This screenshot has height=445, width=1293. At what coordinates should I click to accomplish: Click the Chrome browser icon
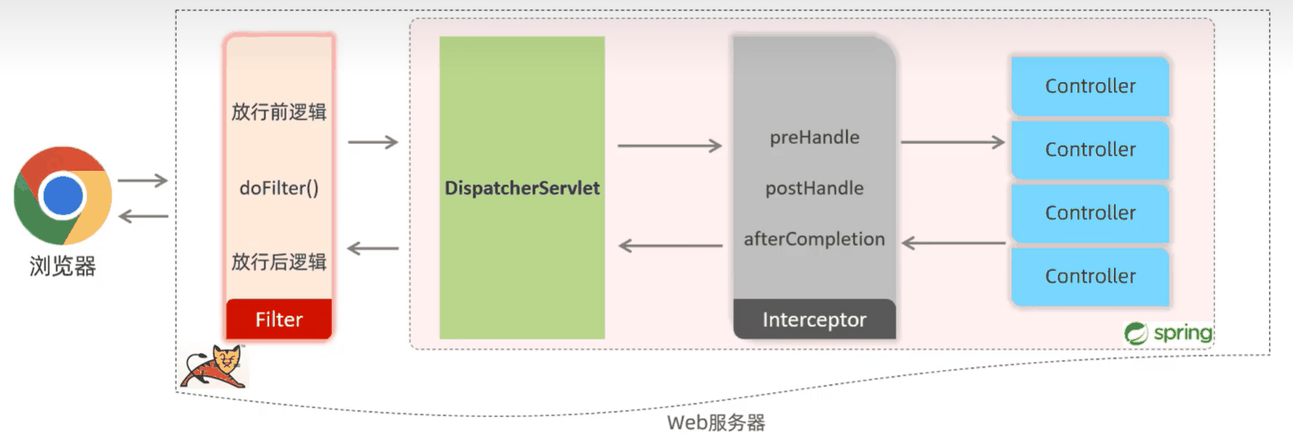click(63, 195)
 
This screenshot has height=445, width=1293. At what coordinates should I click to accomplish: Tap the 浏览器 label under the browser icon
click(63, 266)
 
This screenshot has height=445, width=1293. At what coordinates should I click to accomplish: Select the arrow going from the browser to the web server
click(142, 181)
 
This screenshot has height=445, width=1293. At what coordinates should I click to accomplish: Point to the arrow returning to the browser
click(143, 216)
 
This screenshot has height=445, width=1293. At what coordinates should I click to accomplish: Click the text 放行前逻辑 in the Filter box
click(279, 112)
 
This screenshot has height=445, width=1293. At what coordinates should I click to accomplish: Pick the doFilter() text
click(279, 188)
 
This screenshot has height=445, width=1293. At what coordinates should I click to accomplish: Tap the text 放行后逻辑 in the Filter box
click(279, 261)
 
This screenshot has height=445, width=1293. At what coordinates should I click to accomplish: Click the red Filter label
click(279, 319)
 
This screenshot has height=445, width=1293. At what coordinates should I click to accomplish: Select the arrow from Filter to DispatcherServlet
click(373, 142)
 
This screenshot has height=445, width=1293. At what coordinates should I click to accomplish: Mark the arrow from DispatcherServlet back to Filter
click(373, 248)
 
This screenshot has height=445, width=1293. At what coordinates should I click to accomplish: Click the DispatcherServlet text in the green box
click(522, 188)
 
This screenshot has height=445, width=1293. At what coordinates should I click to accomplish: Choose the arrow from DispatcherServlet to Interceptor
click(670, 146)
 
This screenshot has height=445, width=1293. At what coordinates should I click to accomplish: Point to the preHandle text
click(815, 137)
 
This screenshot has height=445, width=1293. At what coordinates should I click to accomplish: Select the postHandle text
click(815, 188)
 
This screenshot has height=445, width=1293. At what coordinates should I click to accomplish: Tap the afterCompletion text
click(815, 239)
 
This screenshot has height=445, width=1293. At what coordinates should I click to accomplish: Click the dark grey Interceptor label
click(815, 319)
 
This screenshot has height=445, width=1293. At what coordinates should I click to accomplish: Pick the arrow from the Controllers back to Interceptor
click(953, 243)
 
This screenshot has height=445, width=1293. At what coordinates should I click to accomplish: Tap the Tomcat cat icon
click(213, 367)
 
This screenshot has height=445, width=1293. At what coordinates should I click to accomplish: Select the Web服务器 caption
click(716, 422)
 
